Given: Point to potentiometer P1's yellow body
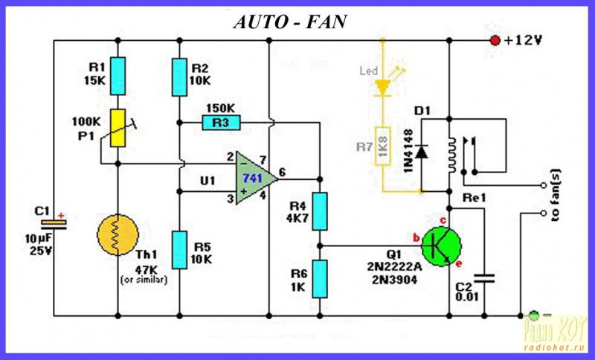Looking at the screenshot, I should point(118,127).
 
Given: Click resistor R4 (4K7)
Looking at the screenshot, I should point(320,210).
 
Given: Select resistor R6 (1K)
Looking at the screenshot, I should point(320,276).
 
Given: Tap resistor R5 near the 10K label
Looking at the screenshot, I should point(179,249).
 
